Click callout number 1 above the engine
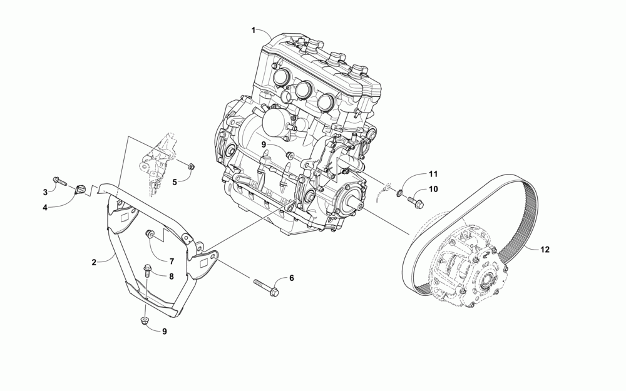tap(254, 30)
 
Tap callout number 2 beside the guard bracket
tap(94, 263)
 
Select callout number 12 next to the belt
tap(545, 250)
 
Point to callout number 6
tap(291, 278)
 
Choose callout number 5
tap(175, 181)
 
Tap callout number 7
tap(170, 260)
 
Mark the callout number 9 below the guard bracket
tap(165, 332)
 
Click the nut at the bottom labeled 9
tap(145, 322)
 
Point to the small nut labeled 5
tap(192, 166)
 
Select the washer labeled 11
tap(399, 190)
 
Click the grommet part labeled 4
tap(80, 190)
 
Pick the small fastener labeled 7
tap(150, 234)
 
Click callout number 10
tap(433, 188)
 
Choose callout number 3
tap(45, 191)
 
